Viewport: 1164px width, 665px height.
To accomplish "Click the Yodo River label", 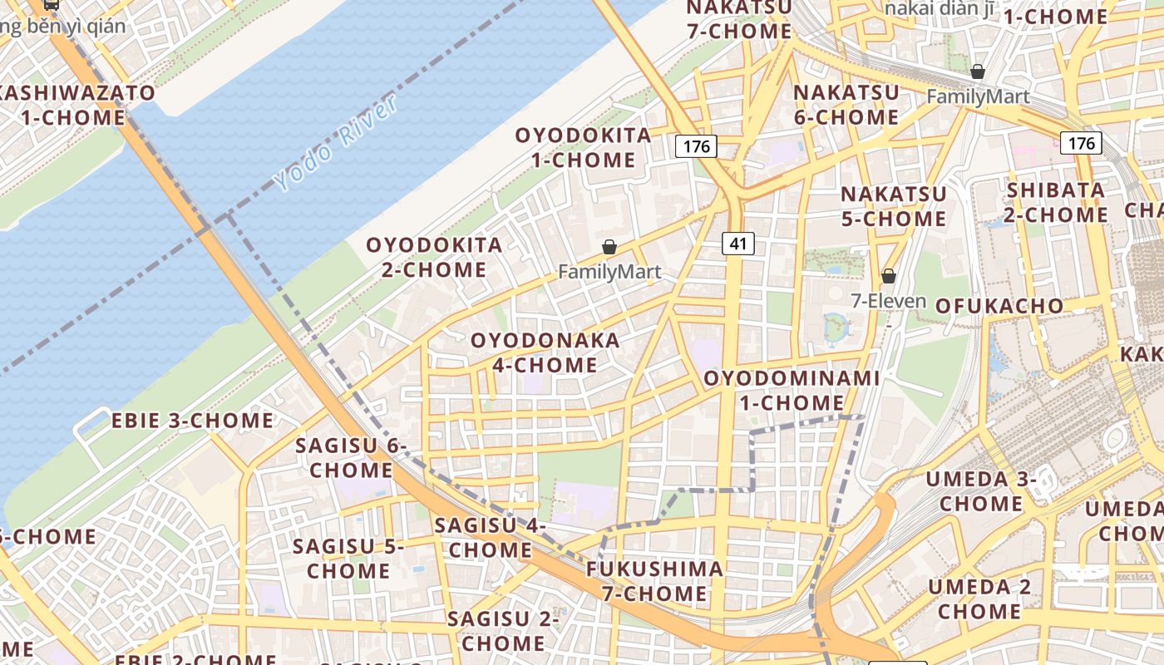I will pos(336,143).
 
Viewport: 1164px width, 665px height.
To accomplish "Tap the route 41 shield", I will pos(737,244).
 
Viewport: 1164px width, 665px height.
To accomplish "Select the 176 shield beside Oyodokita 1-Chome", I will pos(696,146).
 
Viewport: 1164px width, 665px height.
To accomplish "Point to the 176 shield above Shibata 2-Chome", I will pos(1081,143).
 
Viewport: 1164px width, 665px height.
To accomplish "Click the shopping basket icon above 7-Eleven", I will pos(889,275).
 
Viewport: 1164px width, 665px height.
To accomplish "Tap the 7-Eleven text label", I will pos(888,300).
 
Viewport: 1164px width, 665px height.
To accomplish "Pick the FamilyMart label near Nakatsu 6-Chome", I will pos(978,96).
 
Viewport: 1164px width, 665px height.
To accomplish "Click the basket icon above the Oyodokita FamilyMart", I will pos(609,247).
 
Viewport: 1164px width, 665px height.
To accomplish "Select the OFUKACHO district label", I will pos(999,306).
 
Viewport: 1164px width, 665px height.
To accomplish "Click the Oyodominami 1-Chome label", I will pos(792,391).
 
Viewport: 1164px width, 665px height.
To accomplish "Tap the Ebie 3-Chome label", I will pos(192,421).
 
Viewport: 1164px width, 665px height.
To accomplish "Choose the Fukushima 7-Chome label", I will pos(654,581).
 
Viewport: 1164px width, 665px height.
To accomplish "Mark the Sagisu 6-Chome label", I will pos(351,457).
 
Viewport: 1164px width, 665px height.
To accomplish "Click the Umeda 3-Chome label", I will pos(981,490).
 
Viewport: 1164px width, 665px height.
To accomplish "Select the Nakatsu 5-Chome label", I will pos(894,206).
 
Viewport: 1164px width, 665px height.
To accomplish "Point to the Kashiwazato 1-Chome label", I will pos(75,105).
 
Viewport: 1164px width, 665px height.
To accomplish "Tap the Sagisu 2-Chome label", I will pos(503,631).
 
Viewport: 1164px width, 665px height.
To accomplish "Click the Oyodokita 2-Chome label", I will pos(434,257).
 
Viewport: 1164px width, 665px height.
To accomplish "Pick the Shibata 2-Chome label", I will pos(1057,202).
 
